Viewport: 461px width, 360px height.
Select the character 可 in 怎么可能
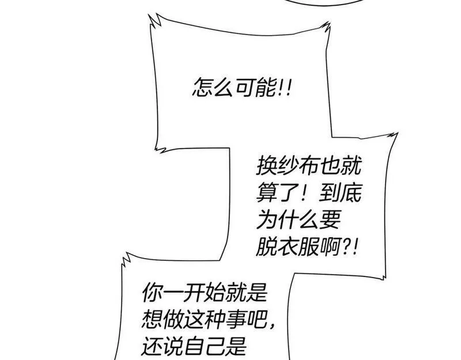[245, 88]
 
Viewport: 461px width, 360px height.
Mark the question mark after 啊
[347, 247]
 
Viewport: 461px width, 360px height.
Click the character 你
[152, 293]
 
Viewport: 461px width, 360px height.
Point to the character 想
[152, 320]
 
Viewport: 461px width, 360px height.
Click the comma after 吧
[273, 325]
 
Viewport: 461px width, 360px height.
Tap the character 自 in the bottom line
[195, 347]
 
